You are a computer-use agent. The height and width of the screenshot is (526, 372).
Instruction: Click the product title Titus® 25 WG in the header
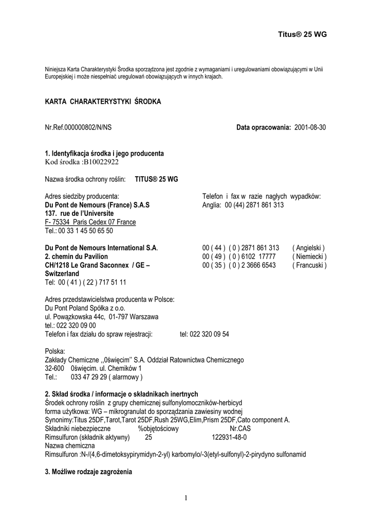click(302, 34)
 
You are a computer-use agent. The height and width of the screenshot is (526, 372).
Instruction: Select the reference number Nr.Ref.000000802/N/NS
click(78, 127)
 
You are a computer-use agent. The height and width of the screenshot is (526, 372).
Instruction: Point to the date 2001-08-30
click(310, 127)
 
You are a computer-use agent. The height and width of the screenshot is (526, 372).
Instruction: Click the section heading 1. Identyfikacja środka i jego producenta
click(105, 153)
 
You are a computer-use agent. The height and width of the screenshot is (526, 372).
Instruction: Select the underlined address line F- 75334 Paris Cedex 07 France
click(90, 222)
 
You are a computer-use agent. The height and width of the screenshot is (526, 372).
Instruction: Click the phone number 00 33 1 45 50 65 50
click(86, 231)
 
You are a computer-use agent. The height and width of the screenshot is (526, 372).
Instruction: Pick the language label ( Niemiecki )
click(309, 256)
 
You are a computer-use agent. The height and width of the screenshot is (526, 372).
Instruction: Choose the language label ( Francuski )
click(309, 265)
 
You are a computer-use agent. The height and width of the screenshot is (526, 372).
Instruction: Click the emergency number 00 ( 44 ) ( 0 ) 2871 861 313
click(240, 248)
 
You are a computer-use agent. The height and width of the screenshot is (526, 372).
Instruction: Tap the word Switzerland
click(62, 274)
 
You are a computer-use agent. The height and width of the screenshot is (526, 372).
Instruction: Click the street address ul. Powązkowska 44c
click(80, 316)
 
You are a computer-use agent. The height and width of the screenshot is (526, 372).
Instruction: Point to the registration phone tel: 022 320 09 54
click(204, 334)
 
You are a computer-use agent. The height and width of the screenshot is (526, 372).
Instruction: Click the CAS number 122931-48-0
click(229, 437)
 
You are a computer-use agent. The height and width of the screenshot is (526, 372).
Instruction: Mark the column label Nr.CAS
click(241, 428)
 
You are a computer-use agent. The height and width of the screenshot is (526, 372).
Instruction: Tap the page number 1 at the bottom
click(186, 497)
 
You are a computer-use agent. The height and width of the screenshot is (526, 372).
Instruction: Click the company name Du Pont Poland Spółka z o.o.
click(85, 308)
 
